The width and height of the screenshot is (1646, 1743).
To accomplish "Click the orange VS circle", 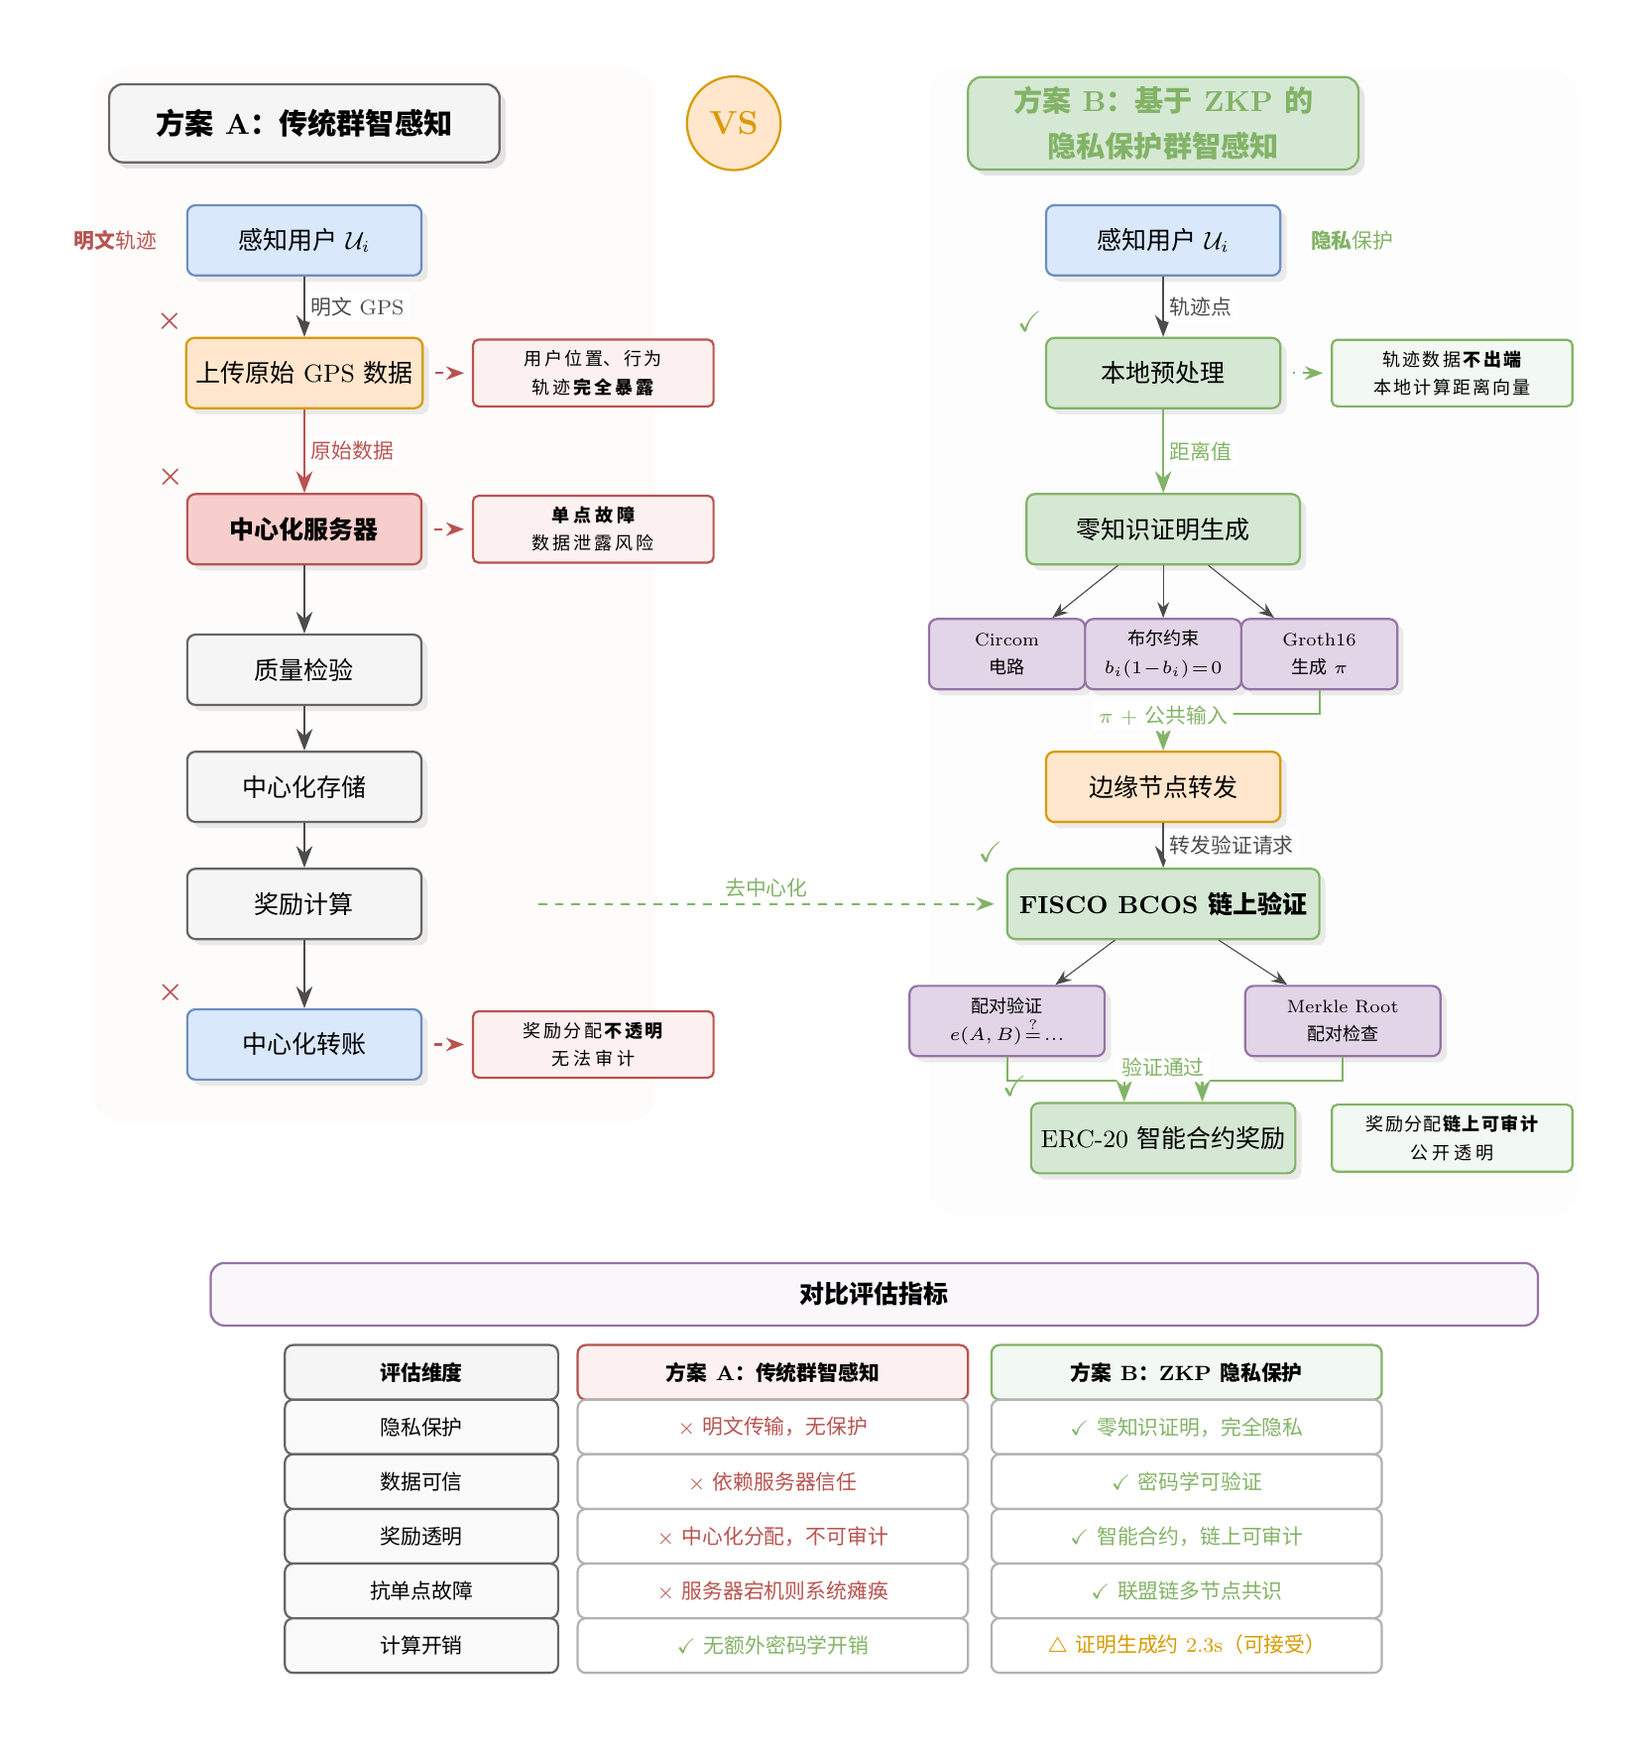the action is coord(734,123).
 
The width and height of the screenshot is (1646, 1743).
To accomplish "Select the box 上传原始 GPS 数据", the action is coord(304,373).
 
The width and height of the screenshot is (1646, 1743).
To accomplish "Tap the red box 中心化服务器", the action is coord(304,529).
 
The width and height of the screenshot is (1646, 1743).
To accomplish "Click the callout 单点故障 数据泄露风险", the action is coord(593,529).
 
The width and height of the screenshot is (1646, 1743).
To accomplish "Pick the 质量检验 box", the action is coord(304,670).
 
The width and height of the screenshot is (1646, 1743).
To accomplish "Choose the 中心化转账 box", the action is coord(304,1044).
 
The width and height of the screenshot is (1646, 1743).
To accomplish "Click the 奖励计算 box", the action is coord(304,904).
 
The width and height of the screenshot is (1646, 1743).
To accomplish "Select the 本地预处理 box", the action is coord(1163,373).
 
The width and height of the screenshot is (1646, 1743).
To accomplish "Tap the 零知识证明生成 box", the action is coord(1163,529).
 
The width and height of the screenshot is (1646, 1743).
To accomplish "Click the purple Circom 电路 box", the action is coord(1006,654).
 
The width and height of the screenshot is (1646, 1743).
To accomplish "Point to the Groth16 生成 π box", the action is coord(1319,654).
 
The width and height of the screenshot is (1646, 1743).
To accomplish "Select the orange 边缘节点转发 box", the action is coord(1163,787).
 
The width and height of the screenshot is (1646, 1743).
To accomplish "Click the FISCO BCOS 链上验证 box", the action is coord(1163,904).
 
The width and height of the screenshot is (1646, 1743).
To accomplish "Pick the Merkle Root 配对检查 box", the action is coord(1343,1020).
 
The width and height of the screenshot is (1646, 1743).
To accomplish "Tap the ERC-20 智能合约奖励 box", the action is coord(1163,1138).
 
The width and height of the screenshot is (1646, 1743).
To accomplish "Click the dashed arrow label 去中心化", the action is coord(765,888).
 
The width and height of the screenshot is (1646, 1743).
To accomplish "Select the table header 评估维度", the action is coord(421,1372).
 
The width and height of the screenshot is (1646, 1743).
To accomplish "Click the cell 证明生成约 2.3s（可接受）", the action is coord(1186,1645).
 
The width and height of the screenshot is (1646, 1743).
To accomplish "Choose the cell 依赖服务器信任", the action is coord(772,1481).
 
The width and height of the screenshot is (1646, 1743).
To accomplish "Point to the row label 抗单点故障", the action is coord(421,1590).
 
